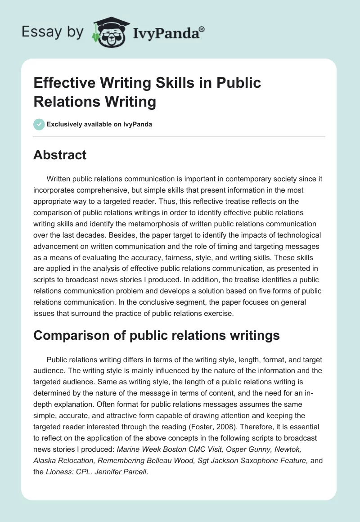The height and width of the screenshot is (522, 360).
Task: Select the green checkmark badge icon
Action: tap(39, 124)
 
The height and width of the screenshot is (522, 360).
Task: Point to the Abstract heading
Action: tap(60, 155)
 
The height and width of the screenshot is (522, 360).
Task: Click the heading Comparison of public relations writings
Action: tap(157, 336)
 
